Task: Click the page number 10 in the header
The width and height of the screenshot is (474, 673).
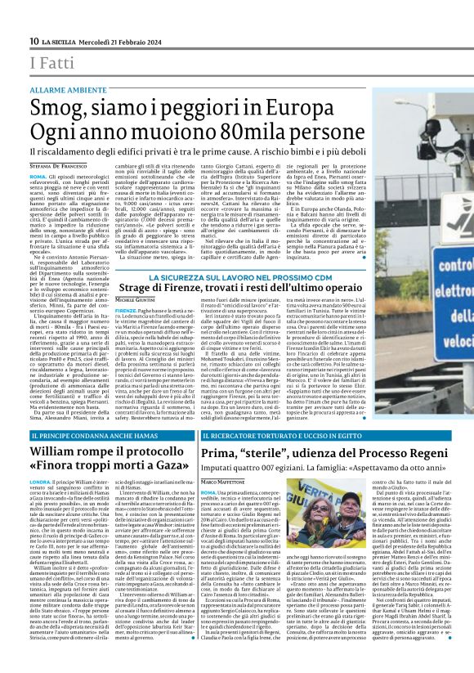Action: pos(35,42)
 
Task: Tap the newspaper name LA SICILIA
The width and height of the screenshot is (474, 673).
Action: pos(59,42)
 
